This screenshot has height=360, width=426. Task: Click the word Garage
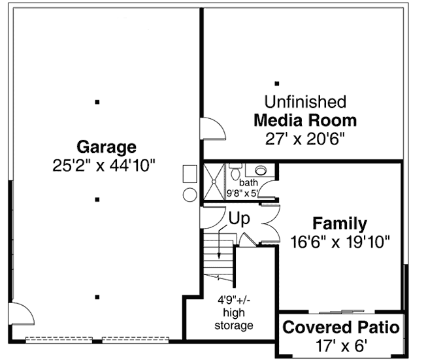(x=106, y=146)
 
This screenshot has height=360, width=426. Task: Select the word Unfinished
(x=304, y=102)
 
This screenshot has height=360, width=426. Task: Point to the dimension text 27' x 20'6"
(x=304, y=139)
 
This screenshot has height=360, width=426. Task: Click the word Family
(x=339, y=223)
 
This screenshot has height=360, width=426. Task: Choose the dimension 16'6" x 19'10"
(x=340, y=242)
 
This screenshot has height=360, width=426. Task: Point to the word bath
(x=248, y=183)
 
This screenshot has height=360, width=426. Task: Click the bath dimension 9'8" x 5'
(x=243, y=193)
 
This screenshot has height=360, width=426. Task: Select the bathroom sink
(x=261, y=171)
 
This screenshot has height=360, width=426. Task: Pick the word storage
(x=235, y=325)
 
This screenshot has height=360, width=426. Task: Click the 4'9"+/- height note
(x=235, y=302)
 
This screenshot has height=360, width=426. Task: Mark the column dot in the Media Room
(x=277, y=83)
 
